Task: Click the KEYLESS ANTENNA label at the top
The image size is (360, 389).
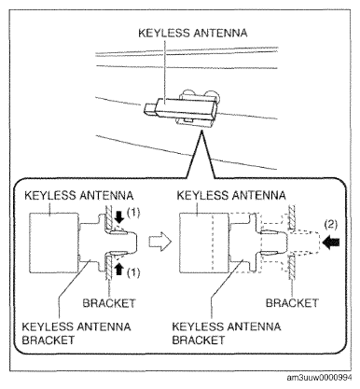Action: (x=193, y=33)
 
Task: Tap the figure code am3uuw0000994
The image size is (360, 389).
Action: (x=319, y=378)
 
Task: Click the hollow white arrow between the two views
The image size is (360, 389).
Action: (x=160, y=242)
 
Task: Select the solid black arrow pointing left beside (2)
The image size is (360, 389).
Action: (x=332, y=243)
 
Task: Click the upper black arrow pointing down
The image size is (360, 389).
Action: (x=118, y=216)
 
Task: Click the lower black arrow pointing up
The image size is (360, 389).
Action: (x=118, y=269)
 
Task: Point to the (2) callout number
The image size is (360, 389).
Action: (x=330, y=225)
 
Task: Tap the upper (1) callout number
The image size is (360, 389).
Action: (x=133, y=213)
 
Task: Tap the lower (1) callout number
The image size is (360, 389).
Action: (x=133, y=272)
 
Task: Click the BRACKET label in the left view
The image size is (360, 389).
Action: (x=109, y=303)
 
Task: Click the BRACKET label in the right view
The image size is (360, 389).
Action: (x=292, y=303)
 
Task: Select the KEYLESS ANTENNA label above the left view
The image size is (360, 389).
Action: (x=79, y=196)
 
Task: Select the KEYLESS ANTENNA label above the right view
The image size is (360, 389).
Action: (x=231, y=196)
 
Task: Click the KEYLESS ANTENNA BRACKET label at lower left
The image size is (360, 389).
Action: (x=76, y=333)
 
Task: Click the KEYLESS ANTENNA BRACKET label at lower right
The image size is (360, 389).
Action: (x=227, y=333)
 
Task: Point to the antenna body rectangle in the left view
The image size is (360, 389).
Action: (x=53, y=243)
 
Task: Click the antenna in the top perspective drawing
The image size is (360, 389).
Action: (x=180, y=110)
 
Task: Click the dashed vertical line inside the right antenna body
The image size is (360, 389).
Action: (x=212, y=243)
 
